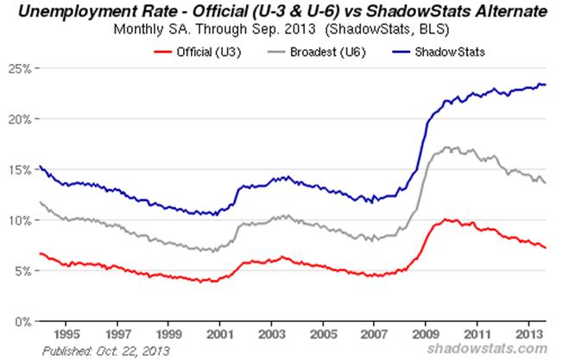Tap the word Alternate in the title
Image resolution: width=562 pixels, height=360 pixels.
coord(501,12)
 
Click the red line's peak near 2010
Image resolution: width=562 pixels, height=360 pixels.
coord(446,219)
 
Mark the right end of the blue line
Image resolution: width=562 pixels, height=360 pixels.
coord(545,84)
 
